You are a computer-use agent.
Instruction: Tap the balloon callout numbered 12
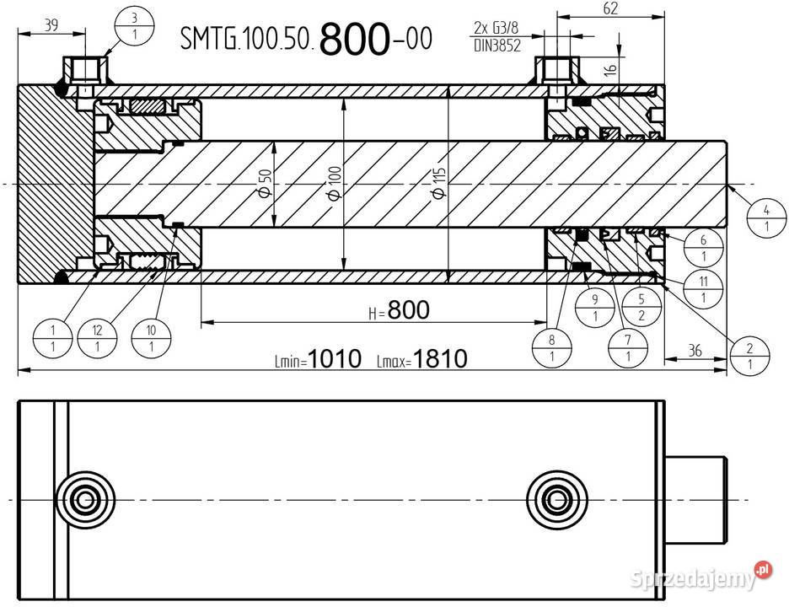click(x=97, y=336)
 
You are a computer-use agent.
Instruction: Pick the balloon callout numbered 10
click(x=151, y=336)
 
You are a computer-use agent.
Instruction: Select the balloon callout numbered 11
click(x=704, y=288)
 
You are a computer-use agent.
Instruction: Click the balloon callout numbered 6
click(x=704, y=248)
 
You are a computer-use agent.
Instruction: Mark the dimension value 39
click(x=50, y=25)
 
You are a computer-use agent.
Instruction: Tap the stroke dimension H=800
click(x=399, y=311)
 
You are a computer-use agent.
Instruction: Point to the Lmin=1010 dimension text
click(x=318, y=360)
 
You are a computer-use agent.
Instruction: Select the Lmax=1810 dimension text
click(x=421, y=360)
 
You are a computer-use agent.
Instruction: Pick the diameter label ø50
click(x=265, y=183)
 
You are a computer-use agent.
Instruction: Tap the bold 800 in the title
click(x=354, y=39)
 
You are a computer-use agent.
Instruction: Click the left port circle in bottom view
click(x=83, y=499)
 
